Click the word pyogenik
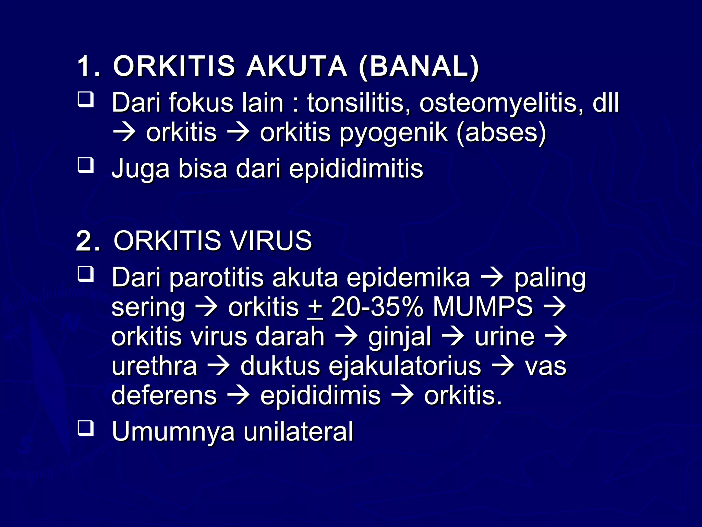tap(394, 133)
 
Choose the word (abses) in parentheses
tap(501, 133)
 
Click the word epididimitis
tap(356, 169)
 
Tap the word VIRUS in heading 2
tap(271, 241)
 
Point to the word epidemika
tap(408, 278)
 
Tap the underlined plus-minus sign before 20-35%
tap(315, 308)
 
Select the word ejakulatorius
tap(405, 366)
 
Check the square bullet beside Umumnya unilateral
tap(85, 429)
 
